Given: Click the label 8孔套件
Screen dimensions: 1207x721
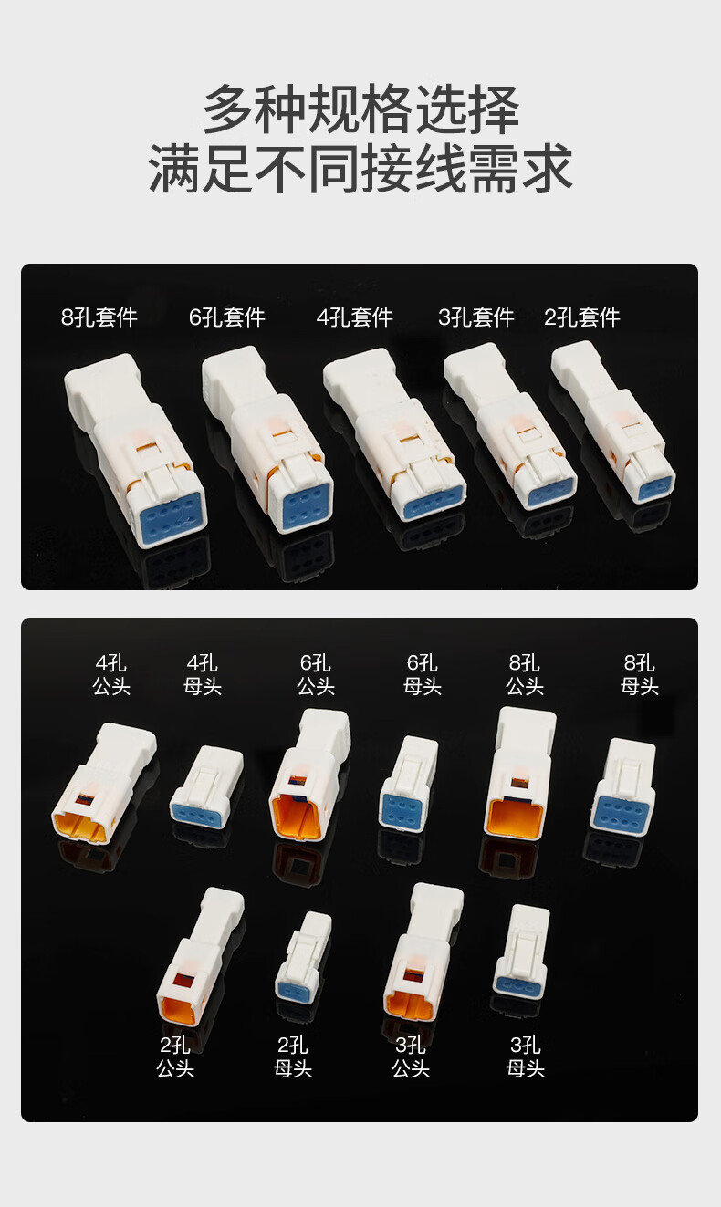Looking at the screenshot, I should [99, 317].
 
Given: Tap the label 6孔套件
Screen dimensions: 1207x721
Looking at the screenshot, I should [227, 317].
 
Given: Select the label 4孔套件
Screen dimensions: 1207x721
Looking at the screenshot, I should [355, 317].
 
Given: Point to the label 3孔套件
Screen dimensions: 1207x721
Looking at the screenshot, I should [476, 317].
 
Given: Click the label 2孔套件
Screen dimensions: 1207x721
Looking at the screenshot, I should [582, 317].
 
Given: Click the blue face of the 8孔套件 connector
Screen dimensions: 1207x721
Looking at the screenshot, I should [171, 516].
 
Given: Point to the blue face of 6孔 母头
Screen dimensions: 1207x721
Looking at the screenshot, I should [403, 810].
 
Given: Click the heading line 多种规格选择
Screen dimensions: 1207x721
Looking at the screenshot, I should [360, 109].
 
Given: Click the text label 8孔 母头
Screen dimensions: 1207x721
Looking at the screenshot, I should [639, 675].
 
